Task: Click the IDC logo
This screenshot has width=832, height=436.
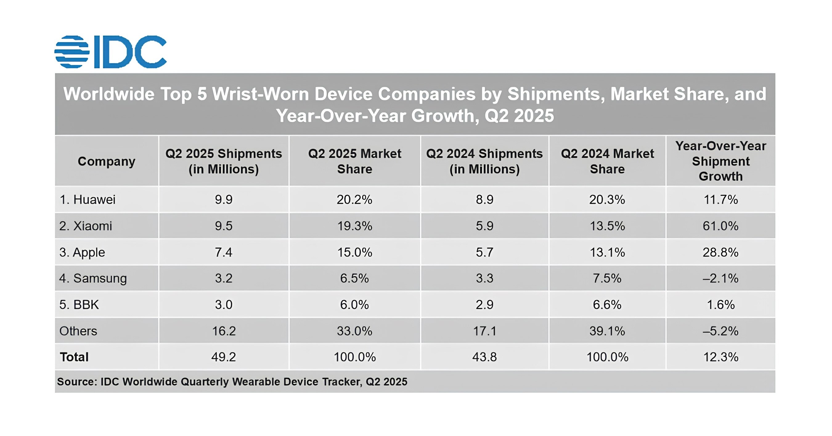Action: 110,52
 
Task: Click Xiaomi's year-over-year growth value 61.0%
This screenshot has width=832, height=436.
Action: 720,226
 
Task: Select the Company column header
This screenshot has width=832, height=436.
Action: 106,161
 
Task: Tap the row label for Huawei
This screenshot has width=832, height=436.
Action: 88,199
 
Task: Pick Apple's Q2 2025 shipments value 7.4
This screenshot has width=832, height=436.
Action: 223,252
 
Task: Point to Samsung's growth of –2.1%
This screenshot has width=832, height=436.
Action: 720,278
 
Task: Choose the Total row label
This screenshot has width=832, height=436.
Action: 74,357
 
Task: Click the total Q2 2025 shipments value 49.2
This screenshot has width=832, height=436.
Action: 223,357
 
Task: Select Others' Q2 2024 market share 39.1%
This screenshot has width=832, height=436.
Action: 607,331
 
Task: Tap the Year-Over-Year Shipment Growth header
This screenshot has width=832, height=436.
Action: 720,161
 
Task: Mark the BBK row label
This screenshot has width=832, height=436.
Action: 79,305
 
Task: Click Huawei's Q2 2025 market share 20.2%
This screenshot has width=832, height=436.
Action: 354,199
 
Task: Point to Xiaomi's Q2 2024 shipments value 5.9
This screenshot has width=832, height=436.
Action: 484,226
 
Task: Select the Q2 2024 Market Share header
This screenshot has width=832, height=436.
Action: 607,161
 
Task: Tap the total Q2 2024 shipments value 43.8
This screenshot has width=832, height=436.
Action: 484,357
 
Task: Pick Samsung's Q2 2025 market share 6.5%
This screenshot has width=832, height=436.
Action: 354,278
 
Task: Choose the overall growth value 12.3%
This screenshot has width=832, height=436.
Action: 720,357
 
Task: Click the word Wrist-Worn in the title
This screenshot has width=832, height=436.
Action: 260,94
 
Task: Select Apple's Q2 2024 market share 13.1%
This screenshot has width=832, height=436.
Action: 607,252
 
